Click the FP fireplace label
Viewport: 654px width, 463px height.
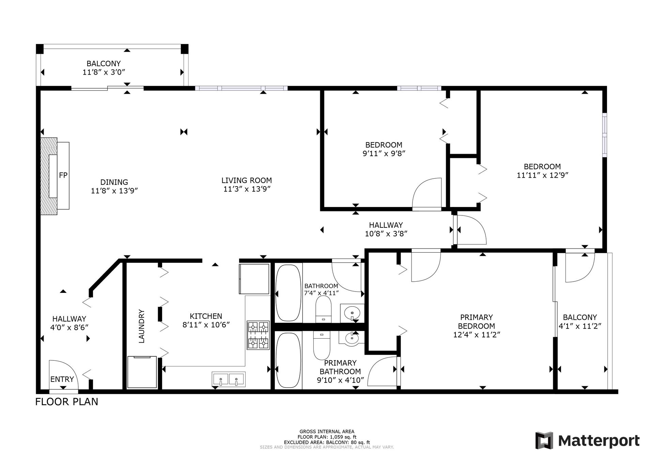63,175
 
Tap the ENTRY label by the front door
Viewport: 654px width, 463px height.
62,379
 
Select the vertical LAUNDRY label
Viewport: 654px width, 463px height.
142,326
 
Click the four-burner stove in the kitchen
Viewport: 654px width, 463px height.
258,335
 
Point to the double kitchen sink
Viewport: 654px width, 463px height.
228,379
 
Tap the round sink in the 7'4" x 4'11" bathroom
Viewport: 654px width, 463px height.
352,312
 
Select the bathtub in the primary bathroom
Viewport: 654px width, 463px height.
288,360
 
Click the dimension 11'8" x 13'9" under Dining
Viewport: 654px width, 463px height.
114,191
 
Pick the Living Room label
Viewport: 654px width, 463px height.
247,180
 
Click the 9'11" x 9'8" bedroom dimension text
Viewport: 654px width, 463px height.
384,153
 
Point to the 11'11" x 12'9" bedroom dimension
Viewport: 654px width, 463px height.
542,175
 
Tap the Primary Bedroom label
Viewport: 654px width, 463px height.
477,322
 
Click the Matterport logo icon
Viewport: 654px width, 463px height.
544,440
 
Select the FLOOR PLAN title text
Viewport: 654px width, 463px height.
67,402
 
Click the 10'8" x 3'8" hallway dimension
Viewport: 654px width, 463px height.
386,234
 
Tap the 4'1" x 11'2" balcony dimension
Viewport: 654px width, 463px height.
580,326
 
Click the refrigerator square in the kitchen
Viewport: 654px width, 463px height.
254,279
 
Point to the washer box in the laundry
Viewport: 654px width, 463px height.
142,372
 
